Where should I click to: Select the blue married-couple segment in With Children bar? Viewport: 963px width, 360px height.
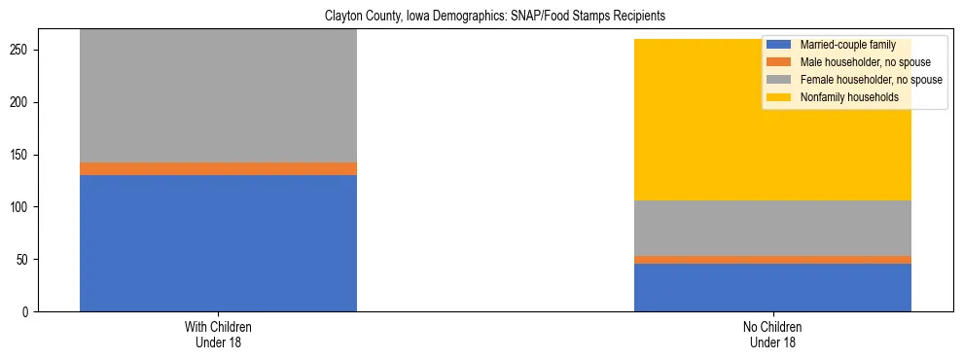(218, 243)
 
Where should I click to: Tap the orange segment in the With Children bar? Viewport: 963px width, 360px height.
(218, 168)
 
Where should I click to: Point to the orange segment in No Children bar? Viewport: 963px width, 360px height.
(772, 260)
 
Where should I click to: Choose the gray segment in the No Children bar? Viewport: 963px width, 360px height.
(772, 228)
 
